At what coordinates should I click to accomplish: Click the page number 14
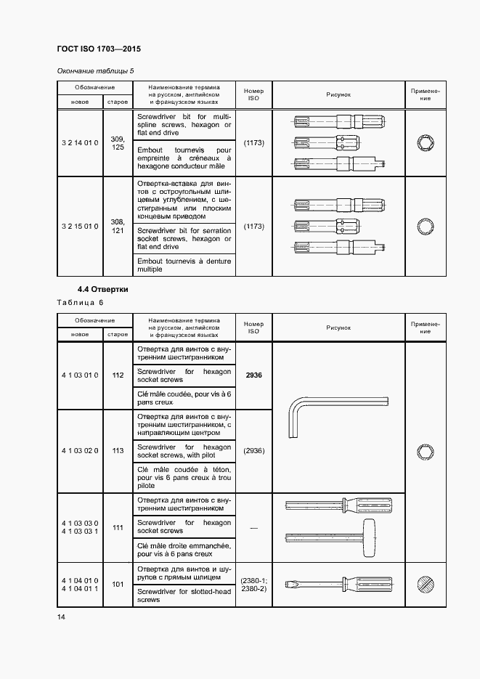point(60,617)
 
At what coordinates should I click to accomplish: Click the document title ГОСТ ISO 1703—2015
point(98,49)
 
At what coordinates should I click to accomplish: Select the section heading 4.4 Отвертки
point(104,288)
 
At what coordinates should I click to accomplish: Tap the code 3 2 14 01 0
point(80,143)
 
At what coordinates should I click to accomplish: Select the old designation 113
point(118,451)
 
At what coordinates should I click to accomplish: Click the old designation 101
point(118,584)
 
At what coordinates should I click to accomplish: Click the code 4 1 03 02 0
point(80,451)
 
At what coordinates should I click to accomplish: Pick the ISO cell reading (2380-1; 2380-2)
point(253,584)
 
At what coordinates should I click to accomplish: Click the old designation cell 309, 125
point(118,143)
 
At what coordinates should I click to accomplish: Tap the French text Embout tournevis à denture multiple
point(184,265)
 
